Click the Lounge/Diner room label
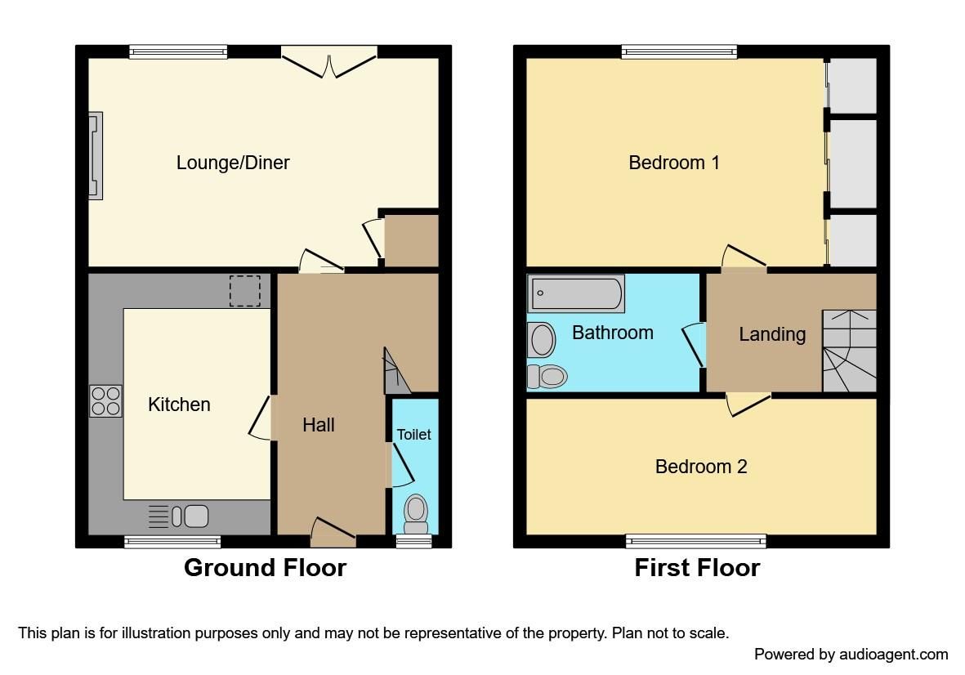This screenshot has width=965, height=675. tap(233, 163)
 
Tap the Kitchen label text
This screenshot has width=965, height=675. tap(179, 405)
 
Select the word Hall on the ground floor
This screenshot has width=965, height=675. tap(319, 425)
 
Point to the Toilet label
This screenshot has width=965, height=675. tap(413, 435)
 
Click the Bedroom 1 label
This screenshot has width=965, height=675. tap(674, 163)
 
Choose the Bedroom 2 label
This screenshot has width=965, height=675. tap(701, 467)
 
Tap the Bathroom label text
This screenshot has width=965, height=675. tap(612, 333)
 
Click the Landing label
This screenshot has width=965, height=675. tap(772, 334)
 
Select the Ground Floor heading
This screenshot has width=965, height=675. tap(265, 568)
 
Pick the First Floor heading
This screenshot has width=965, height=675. tap(697, 568)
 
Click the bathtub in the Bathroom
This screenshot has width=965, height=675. tap(576, 293)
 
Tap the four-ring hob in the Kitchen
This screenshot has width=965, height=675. tap(105, 400)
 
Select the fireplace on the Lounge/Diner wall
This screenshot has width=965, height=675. tap(96, 155)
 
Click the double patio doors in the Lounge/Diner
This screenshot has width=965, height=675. tap(329, 62)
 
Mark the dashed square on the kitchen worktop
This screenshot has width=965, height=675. tap(244, 291)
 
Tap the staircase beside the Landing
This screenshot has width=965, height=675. tap(849, 351)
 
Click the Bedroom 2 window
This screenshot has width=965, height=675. tap(696, 540)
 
